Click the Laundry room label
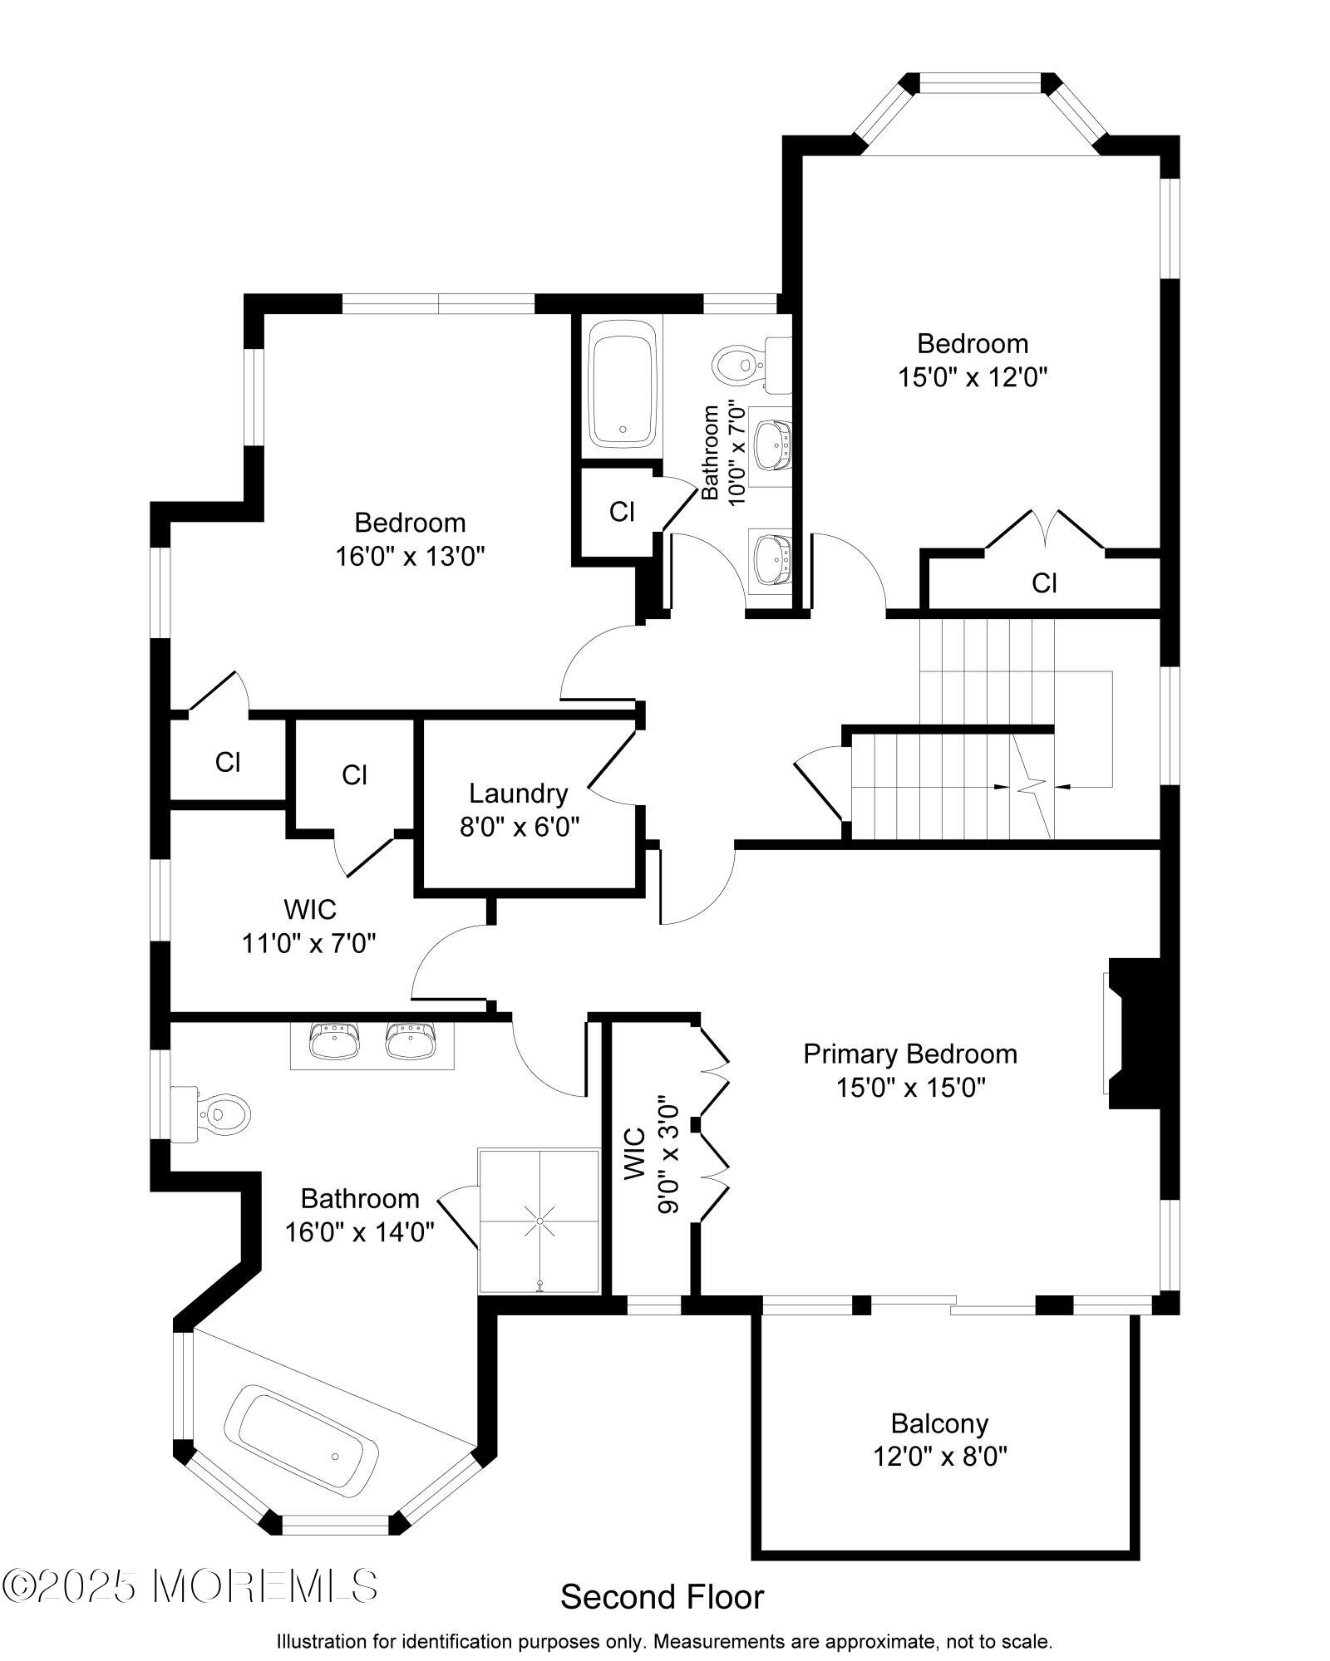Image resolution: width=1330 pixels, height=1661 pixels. coord(518,794)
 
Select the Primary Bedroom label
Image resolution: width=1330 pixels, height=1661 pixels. coord(910,1054)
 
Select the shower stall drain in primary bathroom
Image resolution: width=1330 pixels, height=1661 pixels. coord(539,1221)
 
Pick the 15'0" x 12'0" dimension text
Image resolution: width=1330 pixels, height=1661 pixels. coord(972,377)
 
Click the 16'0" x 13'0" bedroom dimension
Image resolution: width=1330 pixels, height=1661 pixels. coord(410,556)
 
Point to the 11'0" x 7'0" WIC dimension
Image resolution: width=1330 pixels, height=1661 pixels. coord(309,943)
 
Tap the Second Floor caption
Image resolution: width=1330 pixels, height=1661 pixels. coord(663,1596)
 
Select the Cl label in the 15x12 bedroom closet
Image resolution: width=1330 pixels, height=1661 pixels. coord(1044,582)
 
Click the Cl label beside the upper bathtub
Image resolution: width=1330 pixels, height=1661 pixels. coord(622,512)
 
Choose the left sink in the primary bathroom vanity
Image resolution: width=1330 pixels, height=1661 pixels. coord(333,1040)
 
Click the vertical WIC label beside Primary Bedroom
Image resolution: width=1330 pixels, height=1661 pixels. coord(633,1153)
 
